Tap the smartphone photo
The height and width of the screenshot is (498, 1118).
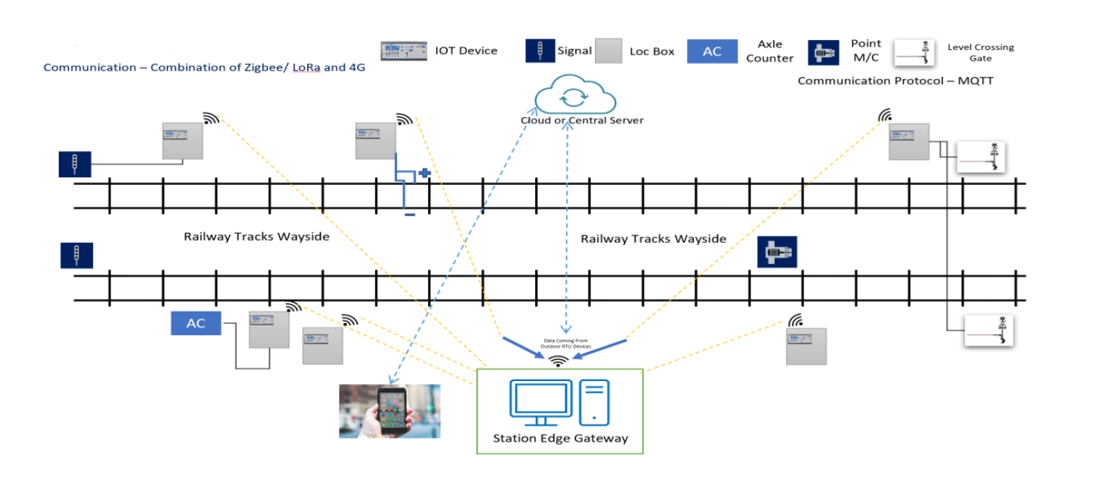[x=389, y=411]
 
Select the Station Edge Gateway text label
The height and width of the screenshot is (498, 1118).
[x=560, y=438]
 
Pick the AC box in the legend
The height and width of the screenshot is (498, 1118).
[x=712, y=51]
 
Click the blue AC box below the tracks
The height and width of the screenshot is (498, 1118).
[x=196, y=324]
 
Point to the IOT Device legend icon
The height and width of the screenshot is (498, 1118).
[x=403, y=51]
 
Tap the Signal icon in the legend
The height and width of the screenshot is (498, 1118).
[x=539, y=51]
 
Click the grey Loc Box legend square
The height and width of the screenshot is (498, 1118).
[x=608, y=51]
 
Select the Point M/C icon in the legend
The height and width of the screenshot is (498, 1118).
[x=825, y=52]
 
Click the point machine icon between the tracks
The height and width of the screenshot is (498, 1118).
[x=777, y=252]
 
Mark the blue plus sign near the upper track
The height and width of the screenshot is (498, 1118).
[x=425, y=173]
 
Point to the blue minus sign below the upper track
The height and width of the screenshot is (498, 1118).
[x=409, y=215]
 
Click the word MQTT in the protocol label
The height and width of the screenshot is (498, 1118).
[x=975, y=81]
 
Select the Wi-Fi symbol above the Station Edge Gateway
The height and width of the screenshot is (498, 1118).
[x=559, y=361]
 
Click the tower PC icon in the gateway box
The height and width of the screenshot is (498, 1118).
[x=595, y=401]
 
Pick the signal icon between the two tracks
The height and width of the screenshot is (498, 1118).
[x=76, y=255]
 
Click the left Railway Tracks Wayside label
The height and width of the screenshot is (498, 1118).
[x=257, y=236]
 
